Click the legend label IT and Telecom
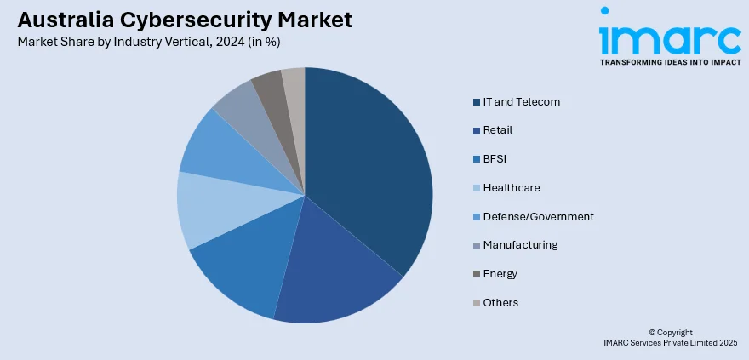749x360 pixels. (x=521, y=102)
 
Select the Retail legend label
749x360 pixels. (x=497, y=130)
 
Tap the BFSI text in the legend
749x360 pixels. (x=495, y=159)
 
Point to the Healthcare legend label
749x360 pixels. (x=511, y=188)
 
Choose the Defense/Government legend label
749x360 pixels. (x=538, y=217)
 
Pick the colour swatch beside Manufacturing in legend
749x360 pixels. (x=476, y=245)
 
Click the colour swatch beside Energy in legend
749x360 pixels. (x=476, y=274)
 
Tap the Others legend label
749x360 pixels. (x=500, y=303)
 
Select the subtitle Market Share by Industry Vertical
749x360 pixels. (x=148, y=41)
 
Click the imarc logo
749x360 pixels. (x=670, y=38)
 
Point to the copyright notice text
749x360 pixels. (x=670, y=337)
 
